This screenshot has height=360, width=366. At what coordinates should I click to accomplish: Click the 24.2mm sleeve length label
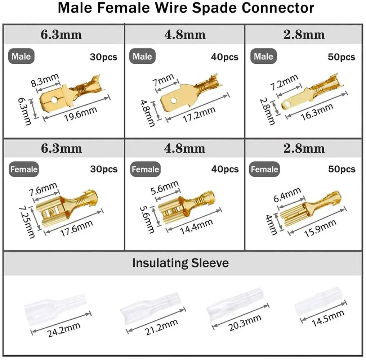point(64,329)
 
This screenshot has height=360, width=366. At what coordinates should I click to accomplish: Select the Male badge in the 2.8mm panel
point(263,57)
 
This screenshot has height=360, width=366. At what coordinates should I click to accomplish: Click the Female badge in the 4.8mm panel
point(145,169)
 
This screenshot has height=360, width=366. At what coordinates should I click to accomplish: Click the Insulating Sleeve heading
point(180,263)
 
